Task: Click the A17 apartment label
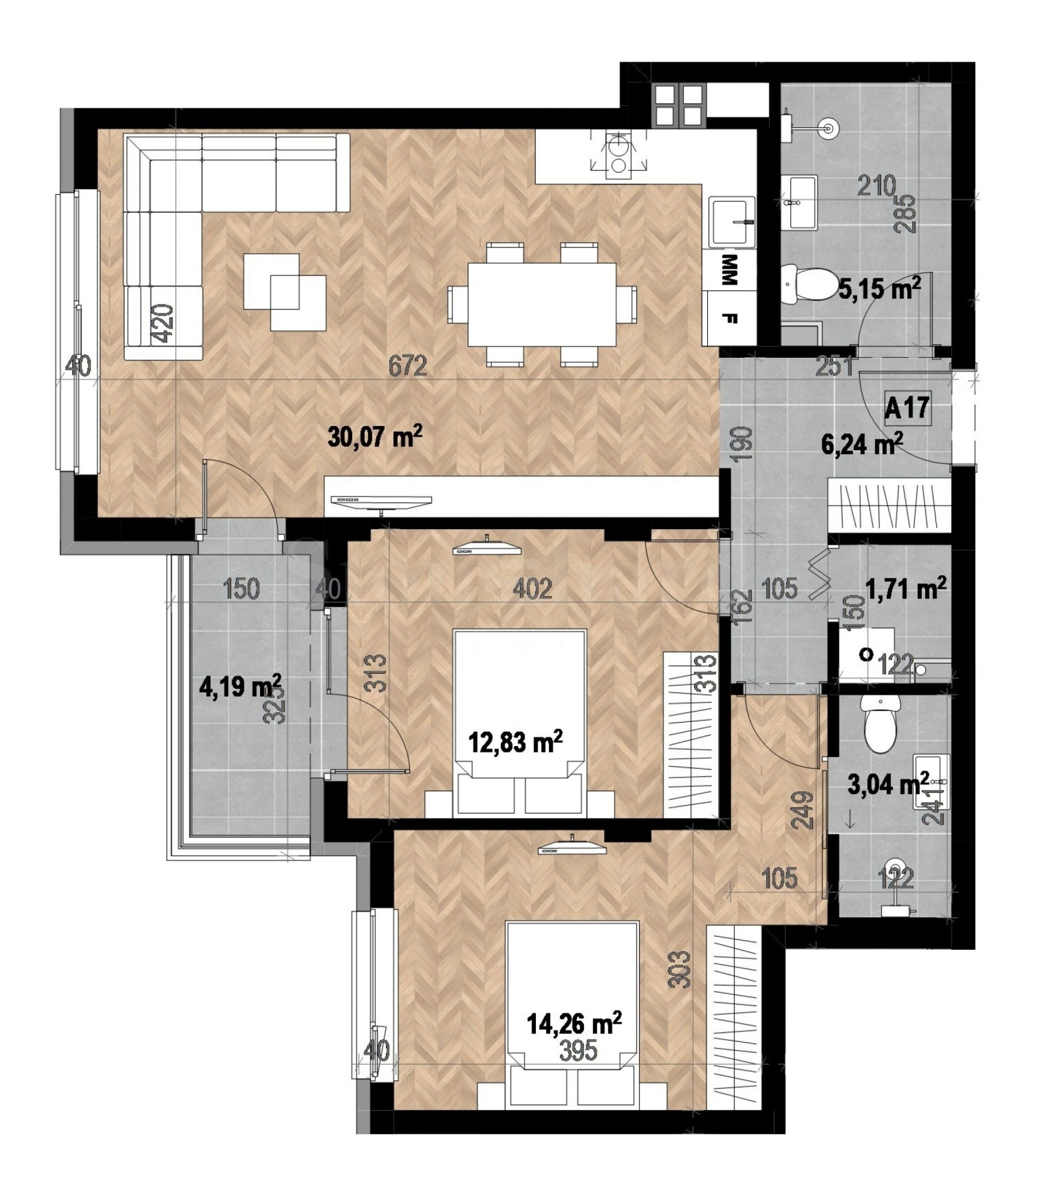[x=907, y=408]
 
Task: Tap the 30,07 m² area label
[x=376, y=437]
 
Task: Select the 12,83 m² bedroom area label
[x=515, y=741]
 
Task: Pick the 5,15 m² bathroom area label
[x=880, y=288]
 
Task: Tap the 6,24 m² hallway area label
[x=862, y=445]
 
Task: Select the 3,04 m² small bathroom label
[x=888, y=784]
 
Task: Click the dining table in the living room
[x=542, y=304]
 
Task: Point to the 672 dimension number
[x=407, y=367]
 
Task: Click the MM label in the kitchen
[x=730, y=270]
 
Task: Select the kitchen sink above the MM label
[x=732, y=221]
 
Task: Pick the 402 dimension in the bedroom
[x=532, y=589]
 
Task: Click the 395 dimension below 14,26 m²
[x=577, y=1050]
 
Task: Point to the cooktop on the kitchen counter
[x=619, y=153]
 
